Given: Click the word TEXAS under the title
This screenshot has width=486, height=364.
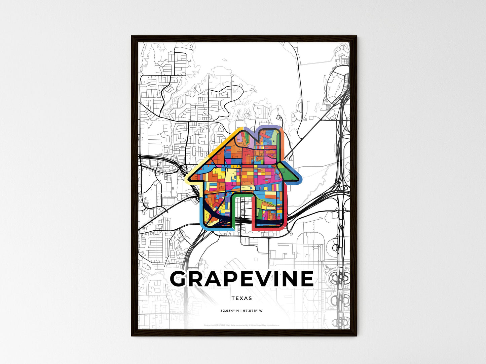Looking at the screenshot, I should tap(241, 298).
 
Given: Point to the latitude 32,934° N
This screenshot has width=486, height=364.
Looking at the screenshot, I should tap(230, 311).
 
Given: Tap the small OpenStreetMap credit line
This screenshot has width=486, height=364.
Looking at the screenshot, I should tap(241, 325).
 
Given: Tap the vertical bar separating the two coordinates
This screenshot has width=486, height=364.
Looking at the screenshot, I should tap(241, 311).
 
